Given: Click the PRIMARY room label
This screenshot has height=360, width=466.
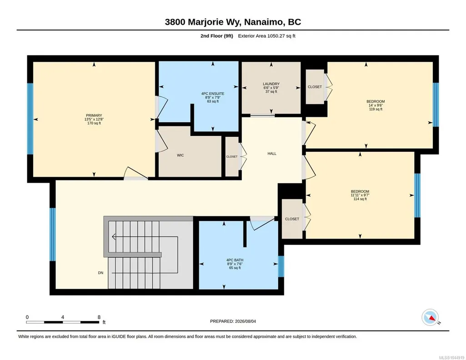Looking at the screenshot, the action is tap(94, 115).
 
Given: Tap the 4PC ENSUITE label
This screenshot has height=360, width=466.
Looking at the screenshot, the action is tap(213, 94).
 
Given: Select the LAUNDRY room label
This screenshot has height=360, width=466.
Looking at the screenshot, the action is tap(271, 84).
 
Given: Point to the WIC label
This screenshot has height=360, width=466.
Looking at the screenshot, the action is tap(180, 155).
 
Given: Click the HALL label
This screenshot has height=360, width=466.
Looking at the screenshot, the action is tap(272, 154).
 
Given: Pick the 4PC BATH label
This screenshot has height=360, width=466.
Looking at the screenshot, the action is tap(235, 260).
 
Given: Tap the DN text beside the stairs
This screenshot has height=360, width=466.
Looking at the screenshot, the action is tap(101, 273).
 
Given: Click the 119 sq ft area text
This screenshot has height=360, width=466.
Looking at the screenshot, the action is tap(376, 109).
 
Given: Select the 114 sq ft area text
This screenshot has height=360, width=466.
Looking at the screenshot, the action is tap(360, 199).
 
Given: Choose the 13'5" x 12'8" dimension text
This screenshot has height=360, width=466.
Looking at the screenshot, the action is tap(94, 120).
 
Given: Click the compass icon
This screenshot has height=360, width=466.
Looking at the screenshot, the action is tap(430, 318).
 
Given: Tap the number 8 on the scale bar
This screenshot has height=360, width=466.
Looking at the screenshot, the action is tap(99, 317).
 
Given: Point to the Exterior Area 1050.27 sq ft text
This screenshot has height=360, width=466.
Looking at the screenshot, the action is tap(266, 36).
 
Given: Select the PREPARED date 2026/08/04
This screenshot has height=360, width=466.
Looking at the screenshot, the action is tap(246, 321).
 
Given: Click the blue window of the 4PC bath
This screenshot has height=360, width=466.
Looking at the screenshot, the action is tap(281, 266).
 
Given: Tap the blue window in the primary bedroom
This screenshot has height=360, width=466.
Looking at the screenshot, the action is tap(30, 119).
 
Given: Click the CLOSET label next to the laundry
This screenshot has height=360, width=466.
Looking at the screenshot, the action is tap(315, 87).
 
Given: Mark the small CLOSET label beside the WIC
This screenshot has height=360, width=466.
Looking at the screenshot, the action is tap(232, 156).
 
